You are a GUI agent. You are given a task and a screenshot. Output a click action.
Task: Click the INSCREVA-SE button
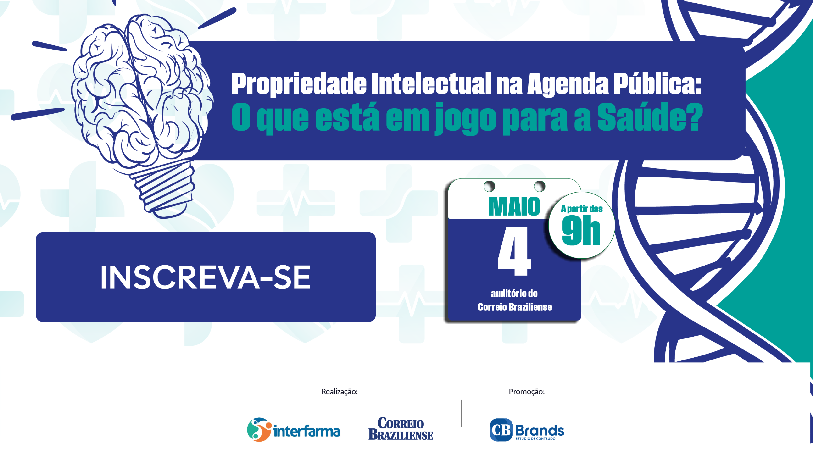[x=205, y=277]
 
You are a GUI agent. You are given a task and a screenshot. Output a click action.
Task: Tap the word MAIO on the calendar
[x=514, y=207]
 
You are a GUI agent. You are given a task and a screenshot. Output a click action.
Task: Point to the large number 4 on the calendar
[x=514, y=251]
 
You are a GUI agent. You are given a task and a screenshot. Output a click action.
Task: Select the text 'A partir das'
[x=581, y=209]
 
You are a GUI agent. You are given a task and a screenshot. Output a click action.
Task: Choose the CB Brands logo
[x=527, y=430]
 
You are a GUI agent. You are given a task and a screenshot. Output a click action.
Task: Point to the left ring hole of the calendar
[x=489, y=186]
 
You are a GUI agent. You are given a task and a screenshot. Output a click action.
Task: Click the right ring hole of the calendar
[x=539, y=186]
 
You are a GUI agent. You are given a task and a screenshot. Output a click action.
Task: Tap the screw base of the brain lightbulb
[x=164, y=189]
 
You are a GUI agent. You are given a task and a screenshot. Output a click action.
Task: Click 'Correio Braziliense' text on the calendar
[x=514, y=307]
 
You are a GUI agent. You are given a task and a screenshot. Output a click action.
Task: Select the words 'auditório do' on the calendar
[x=514, y=294]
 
